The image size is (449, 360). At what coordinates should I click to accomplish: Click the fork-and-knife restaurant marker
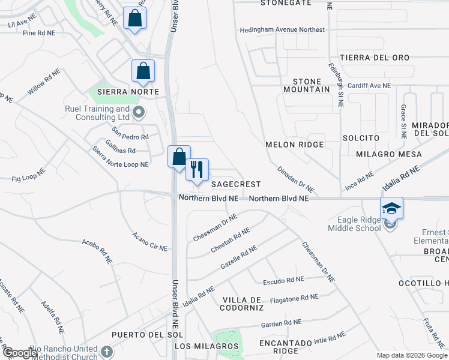(x=196, y=169)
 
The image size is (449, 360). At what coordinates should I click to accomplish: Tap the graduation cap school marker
(x=391, y=208)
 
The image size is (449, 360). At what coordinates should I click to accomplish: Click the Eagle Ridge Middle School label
(x=354, y=224)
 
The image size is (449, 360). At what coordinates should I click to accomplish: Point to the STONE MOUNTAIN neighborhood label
(x=311, y=85)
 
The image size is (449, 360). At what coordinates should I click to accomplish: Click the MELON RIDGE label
(x=294, y=145)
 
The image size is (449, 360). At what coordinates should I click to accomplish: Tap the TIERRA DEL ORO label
(x=374, y=58)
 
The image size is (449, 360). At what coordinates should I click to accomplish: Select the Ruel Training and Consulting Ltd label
(x=97, y=113)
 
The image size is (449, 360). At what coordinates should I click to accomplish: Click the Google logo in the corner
(x=20, y=353)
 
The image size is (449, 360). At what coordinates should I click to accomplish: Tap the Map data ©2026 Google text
(x=412, y=355)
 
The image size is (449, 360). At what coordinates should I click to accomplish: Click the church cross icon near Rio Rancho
(x=106, y=352)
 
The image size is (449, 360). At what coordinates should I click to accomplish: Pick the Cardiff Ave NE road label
(x=369, y=86)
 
